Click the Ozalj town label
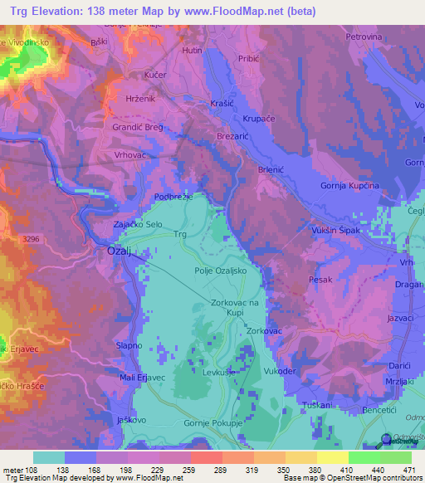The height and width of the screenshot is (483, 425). pos(122,251)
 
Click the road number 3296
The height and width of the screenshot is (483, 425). pos(31,239)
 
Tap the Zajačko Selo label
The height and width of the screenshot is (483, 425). pos(136,225)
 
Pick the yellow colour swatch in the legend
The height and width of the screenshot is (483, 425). pos(333,457)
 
